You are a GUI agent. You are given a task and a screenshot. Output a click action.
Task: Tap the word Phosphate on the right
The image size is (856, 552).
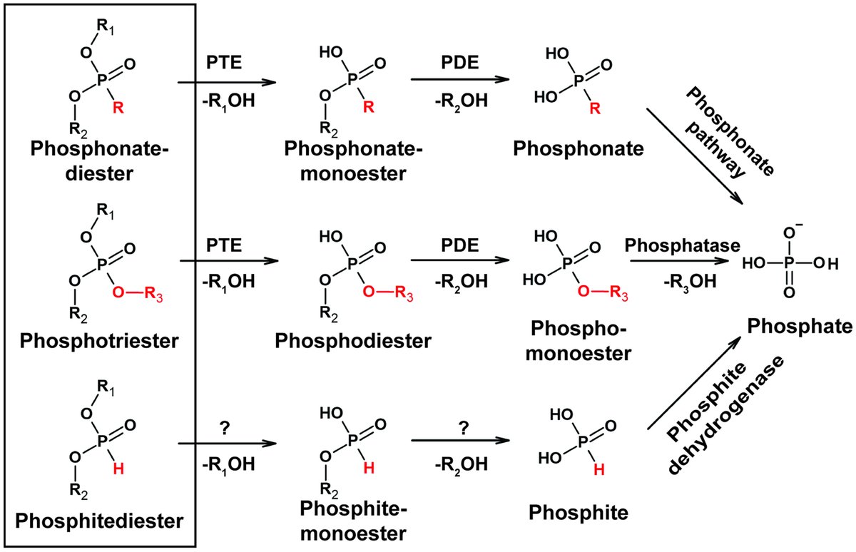799,326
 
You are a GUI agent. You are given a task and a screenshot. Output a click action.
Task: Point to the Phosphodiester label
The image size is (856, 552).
352,339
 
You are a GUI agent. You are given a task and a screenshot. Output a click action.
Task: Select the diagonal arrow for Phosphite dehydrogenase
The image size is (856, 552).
693,385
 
